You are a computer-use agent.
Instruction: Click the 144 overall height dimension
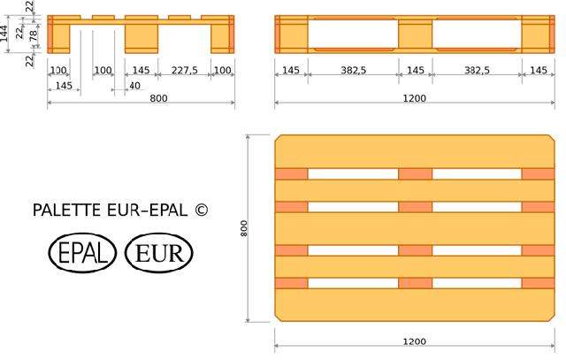pyautogui.click(x=4, y=34)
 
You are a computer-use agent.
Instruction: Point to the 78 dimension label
pyautogui.click(x=34, y=35)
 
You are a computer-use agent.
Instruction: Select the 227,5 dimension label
pyautogui.click(x=185, y=70)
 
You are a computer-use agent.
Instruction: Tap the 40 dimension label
pyautogui.click(x=134, y=86)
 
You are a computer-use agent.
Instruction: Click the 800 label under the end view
pyautogui.click(x=158, y=98)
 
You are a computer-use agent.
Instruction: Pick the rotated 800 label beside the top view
pyautogui.click(x=244, y=228)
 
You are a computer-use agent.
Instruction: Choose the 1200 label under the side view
pyautogui.click(x=415, y=98)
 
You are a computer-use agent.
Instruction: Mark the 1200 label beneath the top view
pyautogui.click(x=415, y=341)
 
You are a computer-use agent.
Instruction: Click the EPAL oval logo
pyautogui.click(x=82, y=252)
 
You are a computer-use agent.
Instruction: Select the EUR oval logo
pyautogui.click(x=159, y=252)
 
